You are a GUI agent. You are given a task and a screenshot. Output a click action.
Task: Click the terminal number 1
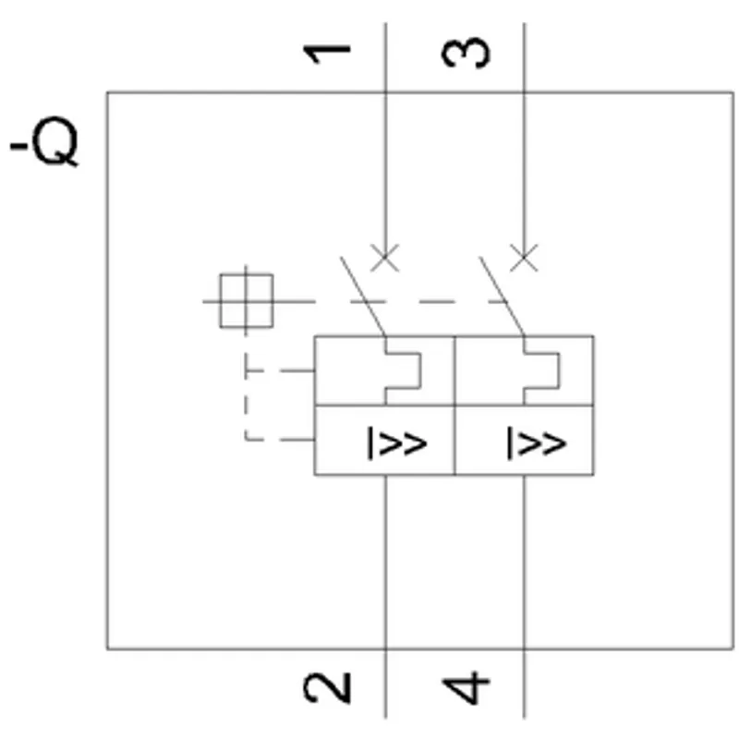pyautogui.click(x=327, y=54)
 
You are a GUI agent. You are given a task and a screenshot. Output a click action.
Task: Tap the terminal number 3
pyautogui.click(x=466, y=53)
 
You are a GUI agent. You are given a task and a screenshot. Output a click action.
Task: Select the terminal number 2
pyautogui.click(x=327, y=687)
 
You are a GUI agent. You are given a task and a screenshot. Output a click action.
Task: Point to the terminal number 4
pyautogui.click(x=466, y=688)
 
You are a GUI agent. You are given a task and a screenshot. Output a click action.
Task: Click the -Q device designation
pyautogui.click(x=44, y=141)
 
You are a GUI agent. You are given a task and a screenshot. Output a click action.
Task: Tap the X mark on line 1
pyautogui.click(x=385, y=258)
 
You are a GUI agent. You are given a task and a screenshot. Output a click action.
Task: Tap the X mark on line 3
pyautogui.click(x=524, y=258)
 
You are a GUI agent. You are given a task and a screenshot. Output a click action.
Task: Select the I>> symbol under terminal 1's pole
pyautogui.click(x=397, y=442)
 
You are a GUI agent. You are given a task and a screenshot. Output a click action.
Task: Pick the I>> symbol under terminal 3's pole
pyautogui.click(x=537, y=442)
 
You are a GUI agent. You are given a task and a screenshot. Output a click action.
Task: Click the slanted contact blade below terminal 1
pyautogui.click(x=363, y=297)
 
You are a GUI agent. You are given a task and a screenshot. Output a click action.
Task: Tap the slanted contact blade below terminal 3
pyautogui.click(x=502, y=297)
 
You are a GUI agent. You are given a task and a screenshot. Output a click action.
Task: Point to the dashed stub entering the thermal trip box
pyautogui.click(x=280, y=371)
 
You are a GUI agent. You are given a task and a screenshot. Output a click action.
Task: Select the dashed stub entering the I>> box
pyautogui.click(x=280, y=440)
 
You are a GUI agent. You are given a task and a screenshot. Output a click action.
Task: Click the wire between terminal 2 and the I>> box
pyautogui.click(x=385, y=597)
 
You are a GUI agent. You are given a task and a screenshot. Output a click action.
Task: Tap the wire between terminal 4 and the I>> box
pyautogui.click(x=524, y=597)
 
